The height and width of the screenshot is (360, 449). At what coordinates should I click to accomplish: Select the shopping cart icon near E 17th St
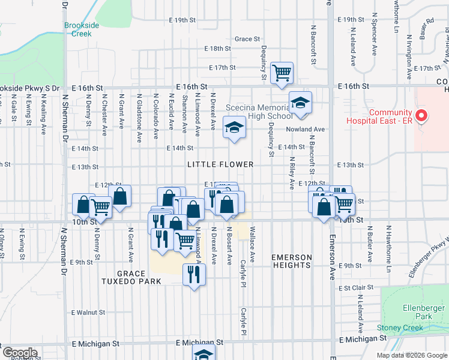282,73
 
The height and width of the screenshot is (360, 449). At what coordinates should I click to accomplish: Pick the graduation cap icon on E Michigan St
204,355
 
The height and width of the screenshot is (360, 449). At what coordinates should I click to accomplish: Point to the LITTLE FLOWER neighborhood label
220,164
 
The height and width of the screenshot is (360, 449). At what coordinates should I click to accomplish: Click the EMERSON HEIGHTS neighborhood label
292,262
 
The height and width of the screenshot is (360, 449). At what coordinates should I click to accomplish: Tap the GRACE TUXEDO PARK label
139,277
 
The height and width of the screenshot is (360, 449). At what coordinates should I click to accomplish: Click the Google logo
20,352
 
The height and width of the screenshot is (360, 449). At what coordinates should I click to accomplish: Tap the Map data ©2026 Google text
412,355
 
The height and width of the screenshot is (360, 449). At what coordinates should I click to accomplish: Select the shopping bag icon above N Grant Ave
120,196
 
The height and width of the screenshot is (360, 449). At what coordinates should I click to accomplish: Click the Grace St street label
247,38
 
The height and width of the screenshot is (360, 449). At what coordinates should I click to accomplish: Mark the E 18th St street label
217,49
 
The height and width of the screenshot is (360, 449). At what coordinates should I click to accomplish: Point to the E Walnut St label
88,313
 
